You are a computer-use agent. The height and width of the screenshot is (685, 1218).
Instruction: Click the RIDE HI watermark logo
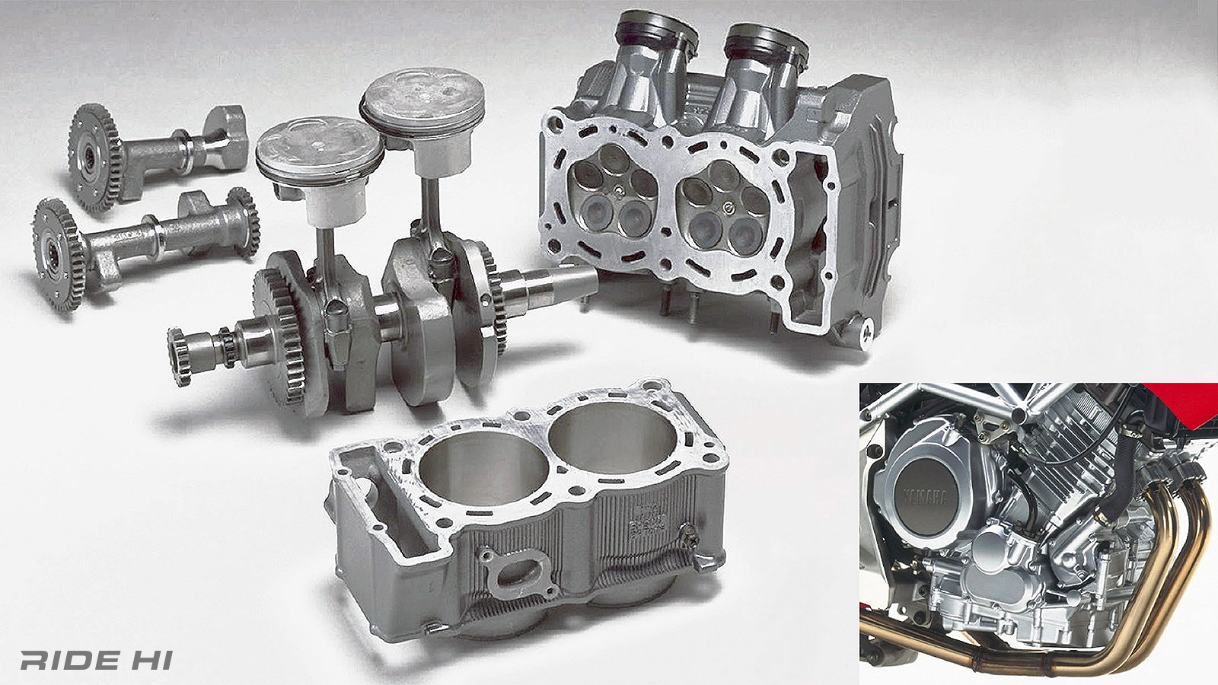coord(96,660)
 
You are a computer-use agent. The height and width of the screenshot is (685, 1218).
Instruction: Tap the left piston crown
coord(318,145)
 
